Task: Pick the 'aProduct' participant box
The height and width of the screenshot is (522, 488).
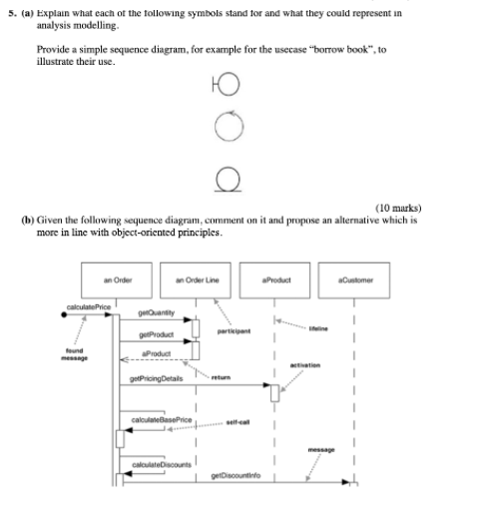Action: pyautogui.click(x=275, y=280)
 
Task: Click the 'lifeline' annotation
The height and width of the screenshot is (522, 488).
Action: pyautogui.click(x=319, y=325)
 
